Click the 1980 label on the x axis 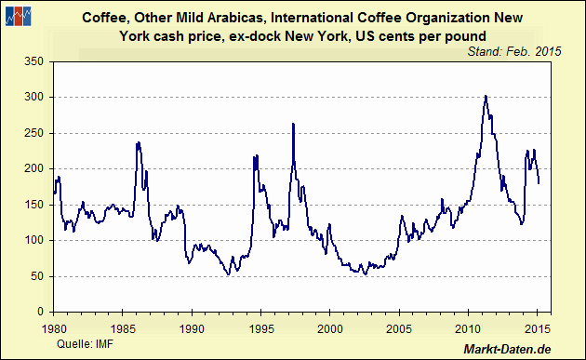click(x=54, y=327)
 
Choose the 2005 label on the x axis click(x=400, y=327)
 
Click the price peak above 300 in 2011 click(x=486, y=95)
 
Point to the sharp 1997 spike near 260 click(x=293, y=124)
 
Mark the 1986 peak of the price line click(x=139, y=142)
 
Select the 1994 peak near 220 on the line click(x=255, y=155)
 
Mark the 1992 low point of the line click(x=228, y=274)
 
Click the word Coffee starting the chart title click(x=105, y=18)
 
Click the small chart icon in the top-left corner click(x=18, y=15)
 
